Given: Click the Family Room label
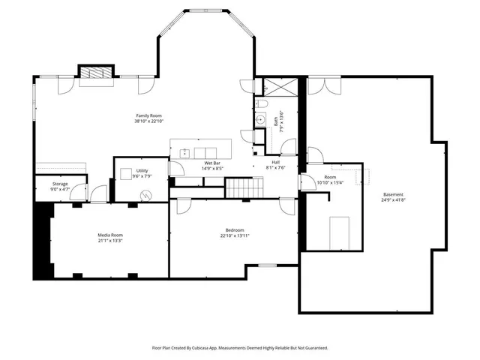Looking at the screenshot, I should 149,115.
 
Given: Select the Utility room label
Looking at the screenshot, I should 142,171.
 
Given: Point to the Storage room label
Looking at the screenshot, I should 60,184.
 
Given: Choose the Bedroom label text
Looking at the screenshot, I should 235,230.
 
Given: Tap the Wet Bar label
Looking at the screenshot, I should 212,163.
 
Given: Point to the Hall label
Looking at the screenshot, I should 275,163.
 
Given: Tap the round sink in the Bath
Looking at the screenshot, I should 261,119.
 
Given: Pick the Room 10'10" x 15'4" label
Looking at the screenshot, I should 329,178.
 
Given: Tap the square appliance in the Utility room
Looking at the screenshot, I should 127,173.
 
